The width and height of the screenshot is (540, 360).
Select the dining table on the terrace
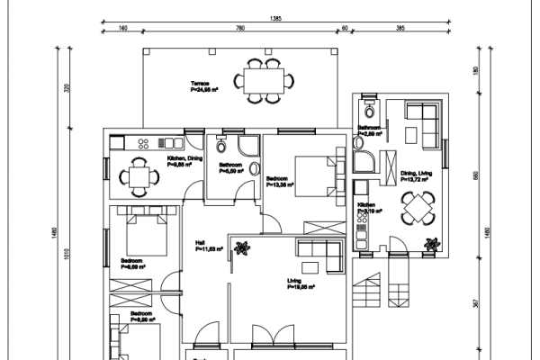(x=265, y=77)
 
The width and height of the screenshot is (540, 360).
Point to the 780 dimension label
(x=240, y=29)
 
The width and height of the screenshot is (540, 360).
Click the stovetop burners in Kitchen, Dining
(x=168, y=141)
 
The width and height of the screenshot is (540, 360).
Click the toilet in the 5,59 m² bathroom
(x=255, y=168)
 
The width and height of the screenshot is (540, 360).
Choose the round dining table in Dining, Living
(x=417, y=211)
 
